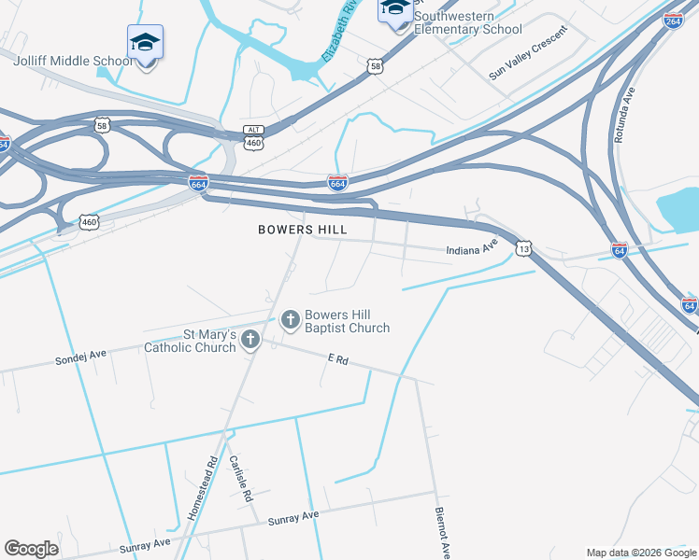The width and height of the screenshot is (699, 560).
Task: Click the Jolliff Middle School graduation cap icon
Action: point(145,43)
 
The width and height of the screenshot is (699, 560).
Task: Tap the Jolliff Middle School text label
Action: point(74,62)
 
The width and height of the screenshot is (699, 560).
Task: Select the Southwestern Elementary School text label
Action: point(467,22)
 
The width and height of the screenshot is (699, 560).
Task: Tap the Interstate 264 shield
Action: point(672,21)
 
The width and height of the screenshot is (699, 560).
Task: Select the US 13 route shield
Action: point(523,249)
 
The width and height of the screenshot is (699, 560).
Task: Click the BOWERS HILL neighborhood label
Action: point(303,229)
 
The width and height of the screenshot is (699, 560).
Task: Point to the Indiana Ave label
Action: point(471,250)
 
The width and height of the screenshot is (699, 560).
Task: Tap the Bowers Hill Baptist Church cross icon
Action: point(290,321)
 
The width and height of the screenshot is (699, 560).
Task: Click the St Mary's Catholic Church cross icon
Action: point(250,340)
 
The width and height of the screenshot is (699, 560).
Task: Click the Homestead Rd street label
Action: point(203,487)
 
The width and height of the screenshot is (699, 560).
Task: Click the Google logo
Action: point(31,549)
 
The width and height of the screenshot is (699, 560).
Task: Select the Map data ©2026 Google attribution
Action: point(640,553)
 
